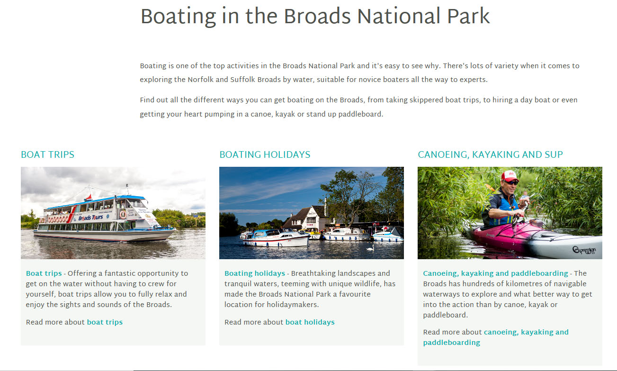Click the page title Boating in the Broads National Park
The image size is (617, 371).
pos(315,17)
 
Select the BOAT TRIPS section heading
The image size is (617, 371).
pos(48,154)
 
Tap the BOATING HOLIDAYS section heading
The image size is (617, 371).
pos(265,154)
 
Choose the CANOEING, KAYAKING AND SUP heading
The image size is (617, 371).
pos(490,154)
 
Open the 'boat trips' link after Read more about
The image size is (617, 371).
pos(105,322)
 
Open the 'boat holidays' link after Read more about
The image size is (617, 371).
pos(310,322)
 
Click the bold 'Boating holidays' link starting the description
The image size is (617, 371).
pos(255,273)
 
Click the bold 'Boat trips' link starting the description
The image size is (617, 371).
pos(44,273)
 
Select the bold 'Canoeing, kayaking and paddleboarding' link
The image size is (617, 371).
pos(495,273)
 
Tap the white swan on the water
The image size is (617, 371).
pos(370,248)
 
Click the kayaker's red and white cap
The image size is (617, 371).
pos(510,176)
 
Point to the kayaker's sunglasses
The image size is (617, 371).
pos(511,182)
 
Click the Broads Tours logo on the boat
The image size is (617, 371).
pos(90,218)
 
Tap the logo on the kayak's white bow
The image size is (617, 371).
pos(584,251)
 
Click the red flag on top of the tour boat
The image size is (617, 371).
pos(89,198)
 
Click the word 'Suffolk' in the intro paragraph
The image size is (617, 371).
pos(242,80)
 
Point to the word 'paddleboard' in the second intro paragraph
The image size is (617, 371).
pos(360,114)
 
